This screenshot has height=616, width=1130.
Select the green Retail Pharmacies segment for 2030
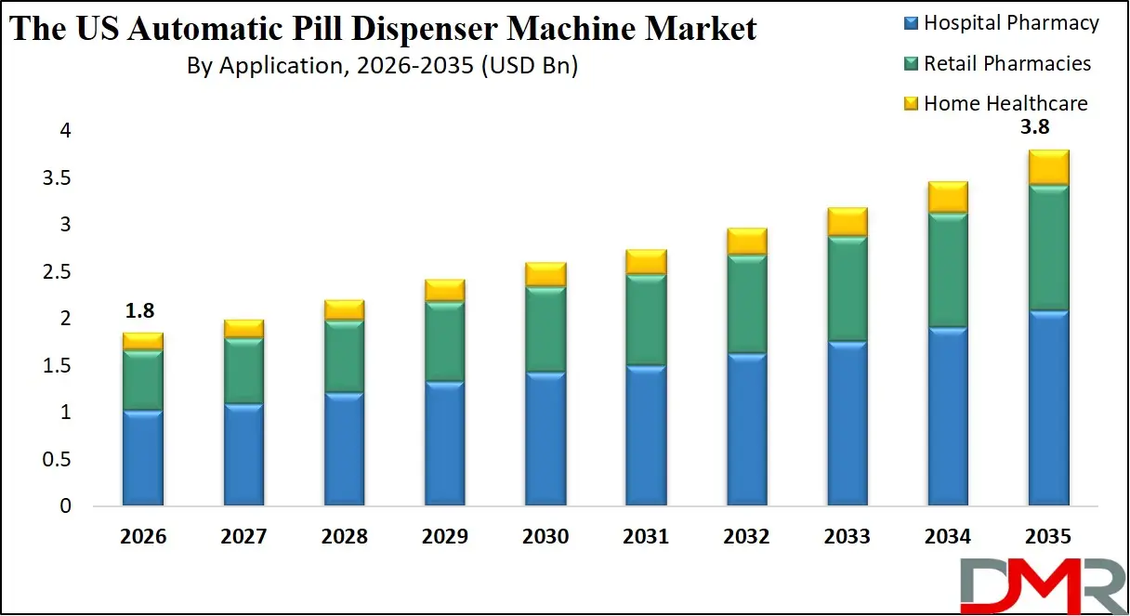545,330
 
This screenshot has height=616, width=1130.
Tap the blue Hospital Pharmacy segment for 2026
142,458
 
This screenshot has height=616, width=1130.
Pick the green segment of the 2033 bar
847,289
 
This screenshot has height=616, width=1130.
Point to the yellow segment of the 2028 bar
344,310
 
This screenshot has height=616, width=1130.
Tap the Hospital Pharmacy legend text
1011,23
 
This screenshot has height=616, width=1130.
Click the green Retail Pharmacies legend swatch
910,63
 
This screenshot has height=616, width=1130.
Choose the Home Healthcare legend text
1005,103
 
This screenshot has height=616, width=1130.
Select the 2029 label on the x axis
443,537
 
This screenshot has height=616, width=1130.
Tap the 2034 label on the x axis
947,537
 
